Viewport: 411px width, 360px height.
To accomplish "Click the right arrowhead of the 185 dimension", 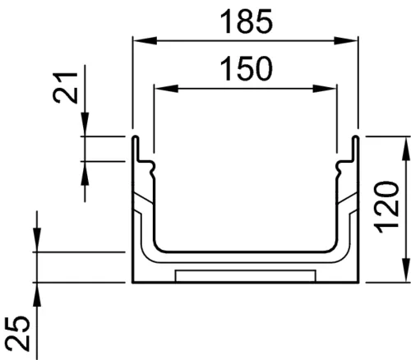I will [351, 39].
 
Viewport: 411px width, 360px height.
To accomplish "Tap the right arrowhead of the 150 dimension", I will [332, 88].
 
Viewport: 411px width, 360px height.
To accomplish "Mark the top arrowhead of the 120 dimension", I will [405, 146].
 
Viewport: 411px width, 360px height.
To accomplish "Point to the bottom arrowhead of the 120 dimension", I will [405, 275].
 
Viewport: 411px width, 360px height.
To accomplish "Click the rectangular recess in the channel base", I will [246, 274].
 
